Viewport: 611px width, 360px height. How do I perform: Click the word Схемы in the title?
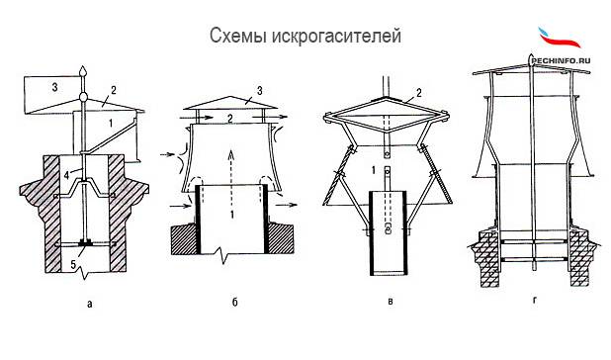point(238,36)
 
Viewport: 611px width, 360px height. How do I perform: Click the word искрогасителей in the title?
point(336,37)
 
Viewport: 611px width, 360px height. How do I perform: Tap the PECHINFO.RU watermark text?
point(562,60)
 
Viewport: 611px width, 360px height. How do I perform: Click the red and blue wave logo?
point(559,38)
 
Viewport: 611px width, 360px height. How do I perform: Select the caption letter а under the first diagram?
point(90,304)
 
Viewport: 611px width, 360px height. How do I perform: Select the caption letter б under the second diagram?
point(235,302)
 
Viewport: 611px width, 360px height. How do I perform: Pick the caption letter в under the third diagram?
point(391,302)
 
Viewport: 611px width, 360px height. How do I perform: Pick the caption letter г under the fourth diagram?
point(534,301)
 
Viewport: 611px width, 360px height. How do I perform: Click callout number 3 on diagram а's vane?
point(54,87)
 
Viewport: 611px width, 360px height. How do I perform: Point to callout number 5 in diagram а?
point(73,264)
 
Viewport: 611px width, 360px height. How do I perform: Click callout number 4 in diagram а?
point(66,175)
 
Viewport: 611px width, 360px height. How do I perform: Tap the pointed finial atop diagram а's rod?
point(83,71)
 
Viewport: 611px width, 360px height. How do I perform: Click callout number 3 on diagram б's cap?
point(259,91)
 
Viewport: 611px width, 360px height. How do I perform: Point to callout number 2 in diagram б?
point(230,118)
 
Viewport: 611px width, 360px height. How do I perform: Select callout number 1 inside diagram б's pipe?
point(232,214)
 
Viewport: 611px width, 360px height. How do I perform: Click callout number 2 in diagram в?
point(419,93)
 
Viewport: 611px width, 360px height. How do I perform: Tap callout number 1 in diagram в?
point(374,170)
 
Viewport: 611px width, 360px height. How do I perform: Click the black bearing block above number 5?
point(85,242)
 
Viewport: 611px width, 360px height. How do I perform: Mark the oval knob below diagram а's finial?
point(83,96)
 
